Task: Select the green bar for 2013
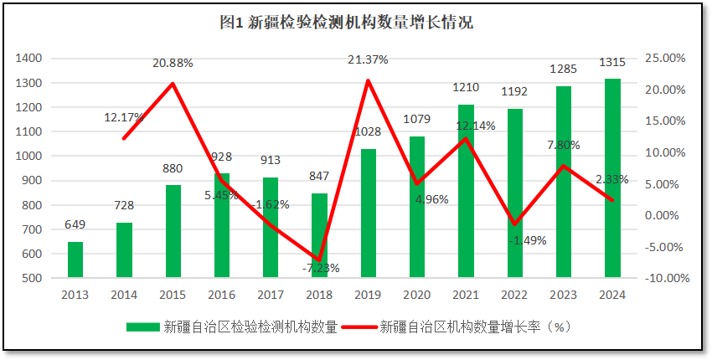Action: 75,260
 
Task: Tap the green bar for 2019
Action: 368,213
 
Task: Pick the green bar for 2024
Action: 612,178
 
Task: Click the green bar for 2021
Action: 466,191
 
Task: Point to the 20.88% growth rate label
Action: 173,63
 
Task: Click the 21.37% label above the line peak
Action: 368,59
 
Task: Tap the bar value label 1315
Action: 612,64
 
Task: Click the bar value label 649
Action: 75,224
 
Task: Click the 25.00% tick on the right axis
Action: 667,59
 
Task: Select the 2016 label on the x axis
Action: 221,295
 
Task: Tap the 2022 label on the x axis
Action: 514,295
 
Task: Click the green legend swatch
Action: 143,327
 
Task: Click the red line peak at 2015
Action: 173,84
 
